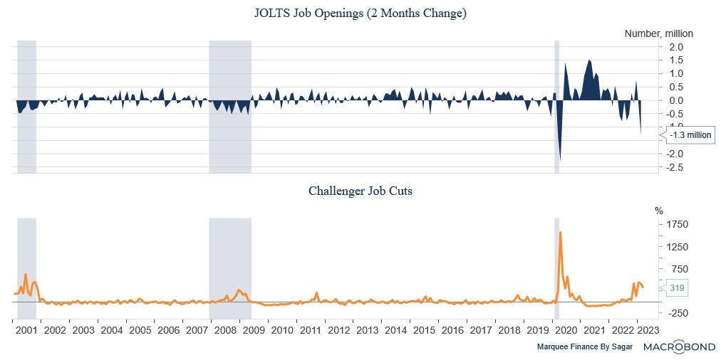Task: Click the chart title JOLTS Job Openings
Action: click(360, 14)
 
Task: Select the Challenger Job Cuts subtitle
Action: click(360, 191)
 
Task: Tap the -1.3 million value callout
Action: click(688, 135)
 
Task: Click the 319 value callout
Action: click(678, 288)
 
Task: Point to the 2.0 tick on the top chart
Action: click(675, 47)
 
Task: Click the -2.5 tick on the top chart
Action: click(675, 167)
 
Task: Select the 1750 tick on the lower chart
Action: click(677, 225)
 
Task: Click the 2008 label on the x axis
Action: click(225, 331)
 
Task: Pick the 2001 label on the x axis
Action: click(26, 331)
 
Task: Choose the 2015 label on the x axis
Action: click(424, 331)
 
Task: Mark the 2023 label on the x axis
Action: click(648, 331)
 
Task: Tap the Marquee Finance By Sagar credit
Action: click(584, 347)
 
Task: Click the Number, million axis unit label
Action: click(658, 33)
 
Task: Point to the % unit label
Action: click(659, 211)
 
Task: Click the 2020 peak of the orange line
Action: click(561, 232)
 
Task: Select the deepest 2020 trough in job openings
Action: click(560, 160)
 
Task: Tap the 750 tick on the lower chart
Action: click(678, 269)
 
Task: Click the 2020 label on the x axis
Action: click(566, 331)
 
